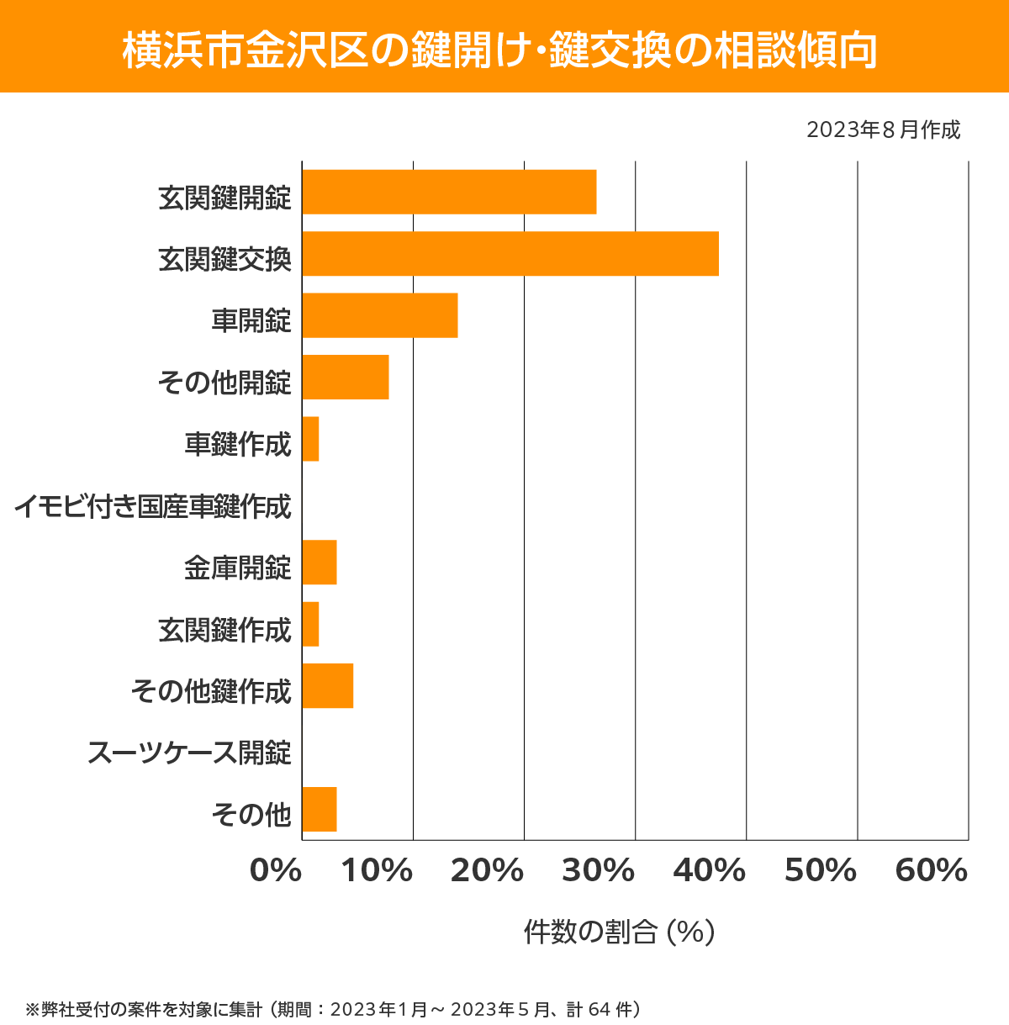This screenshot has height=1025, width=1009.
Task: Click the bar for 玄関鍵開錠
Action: click(449, 192)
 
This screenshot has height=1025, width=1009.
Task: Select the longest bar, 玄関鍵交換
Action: click(510, 253)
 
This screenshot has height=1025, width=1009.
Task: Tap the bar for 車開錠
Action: click(380, 315)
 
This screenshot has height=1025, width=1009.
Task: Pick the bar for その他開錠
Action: click(346, 377)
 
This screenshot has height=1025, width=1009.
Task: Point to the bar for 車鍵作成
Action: click(310, 439)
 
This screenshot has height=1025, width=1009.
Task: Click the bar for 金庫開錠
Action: click(320, 563)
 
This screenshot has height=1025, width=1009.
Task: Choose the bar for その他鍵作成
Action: click(328, 685)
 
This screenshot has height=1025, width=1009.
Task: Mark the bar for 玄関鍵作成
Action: click(310, 624)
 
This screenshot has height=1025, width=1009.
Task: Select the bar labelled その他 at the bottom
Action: click(320, 809)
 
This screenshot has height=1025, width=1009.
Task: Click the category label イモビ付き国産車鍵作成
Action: click(153, 506)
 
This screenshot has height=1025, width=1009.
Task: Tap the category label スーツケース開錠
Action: click(189, 753)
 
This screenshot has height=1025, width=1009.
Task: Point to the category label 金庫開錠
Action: click(238, 568)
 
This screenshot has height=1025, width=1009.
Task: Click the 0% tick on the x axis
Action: click(276, 870)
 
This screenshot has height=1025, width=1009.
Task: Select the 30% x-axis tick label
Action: click(598, 870)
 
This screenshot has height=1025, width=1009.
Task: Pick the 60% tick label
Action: click(932, 870)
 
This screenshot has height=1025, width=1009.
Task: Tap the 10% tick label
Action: click(377, 870)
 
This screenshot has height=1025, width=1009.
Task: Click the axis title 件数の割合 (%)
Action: click(619, 932)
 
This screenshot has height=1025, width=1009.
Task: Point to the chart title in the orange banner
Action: click(501, 50)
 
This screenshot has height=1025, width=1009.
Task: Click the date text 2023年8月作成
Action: click(883, 130)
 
